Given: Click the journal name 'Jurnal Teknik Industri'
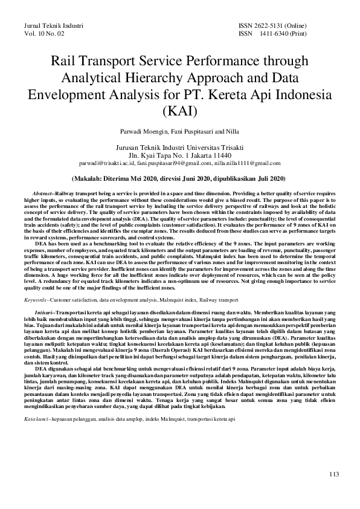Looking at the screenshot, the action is click(x=53, y=26).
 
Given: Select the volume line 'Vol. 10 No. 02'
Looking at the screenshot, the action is click(x=43, y=34).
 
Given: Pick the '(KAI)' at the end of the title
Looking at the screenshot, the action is click(x=179, y=111).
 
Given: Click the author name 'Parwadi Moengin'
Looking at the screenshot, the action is click(x=143, y=131).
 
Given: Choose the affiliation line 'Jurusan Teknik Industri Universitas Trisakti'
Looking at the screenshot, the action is click(x=179, y=147).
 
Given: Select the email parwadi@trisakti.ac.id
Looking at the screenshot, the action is click(x=111, y=163).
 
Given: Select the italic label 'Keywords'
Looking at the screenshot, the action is click(x=36, y=299).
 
